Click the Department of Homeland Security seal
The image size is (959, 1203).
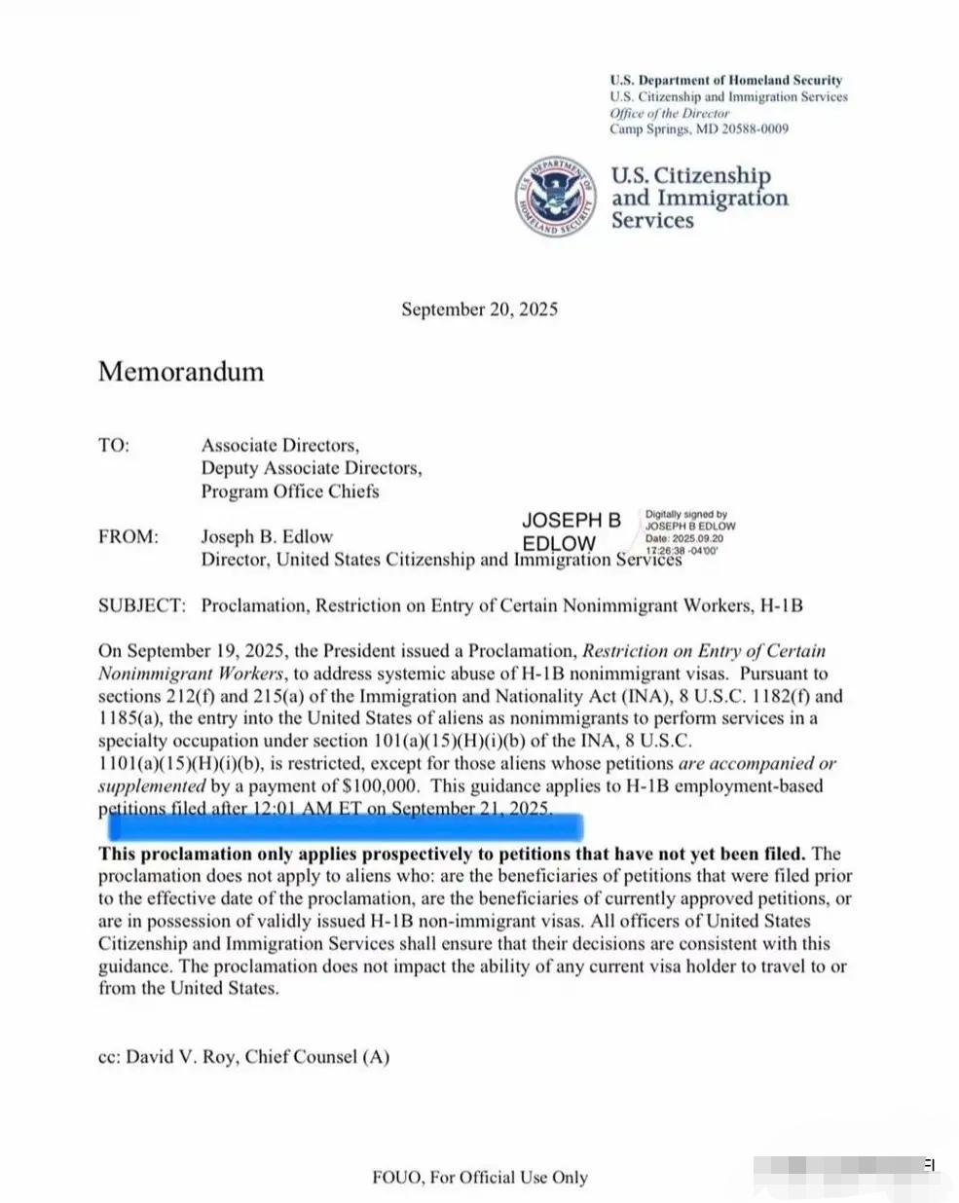[555, 196]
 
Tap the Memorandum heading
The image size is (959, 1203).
[181, 372]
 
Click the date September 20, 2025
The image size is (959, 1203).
[479, 310]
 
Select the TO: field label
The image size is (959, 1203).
[113, 446]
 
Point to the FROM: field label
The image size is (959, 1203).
[128, 536]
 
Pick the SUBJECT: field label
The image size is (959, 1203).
[141, 605]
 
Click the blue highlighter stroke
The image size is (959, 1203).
[346, 828]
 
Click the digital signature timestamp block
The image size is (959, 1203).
[689, 531]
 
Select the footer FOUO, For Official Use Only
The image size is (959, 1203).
[480, 1177]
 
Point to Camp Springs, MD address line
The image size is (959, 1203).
[699, 128]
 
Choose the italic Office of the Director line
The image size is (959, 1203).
[669, 113]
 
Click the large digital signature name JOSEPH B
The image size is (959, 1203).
[571, 521]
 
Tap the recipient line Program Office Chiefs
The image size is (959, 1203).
[290, 492]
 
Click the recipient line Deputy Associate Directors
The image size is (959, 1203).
[312, 468]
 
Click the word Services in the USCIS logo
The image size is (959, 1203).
[652, 221]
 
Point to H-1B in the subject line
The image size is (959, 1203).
[782, 605]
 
